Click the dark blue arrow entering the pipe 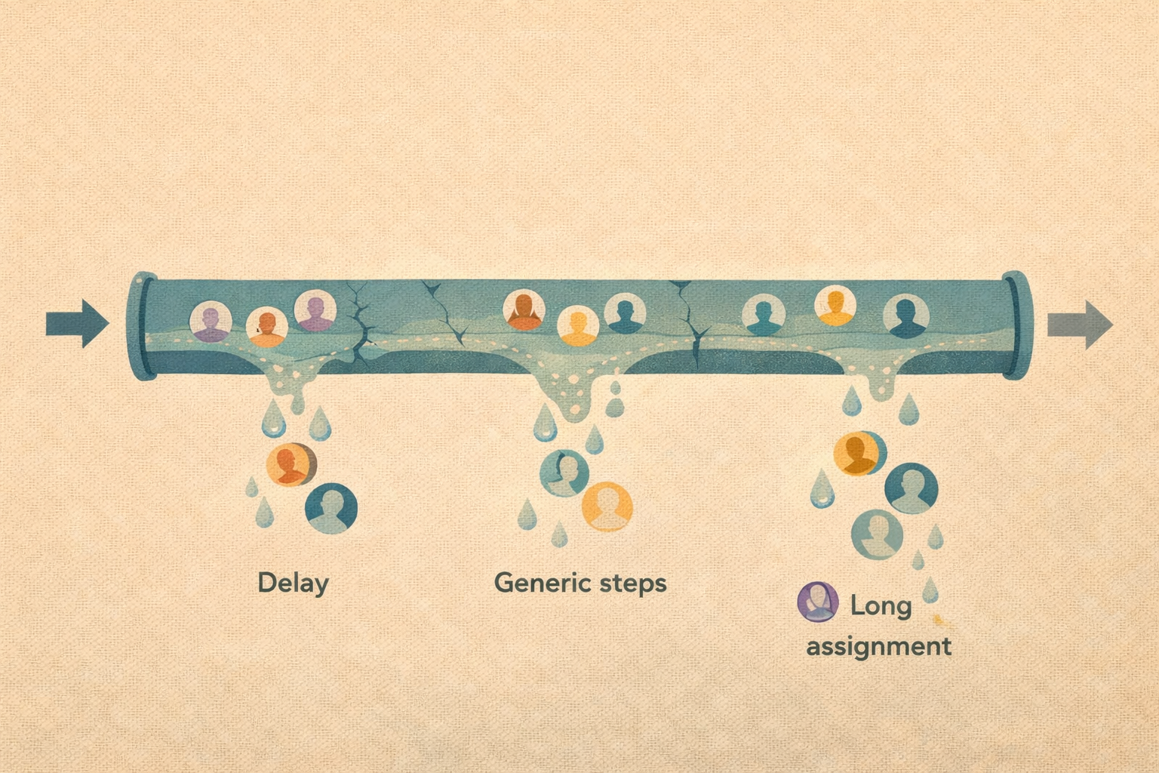pos(78,324)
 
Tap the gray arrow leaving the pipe pos(1080,325)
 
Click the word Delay pos(294,584)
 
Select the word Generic pos(543,583)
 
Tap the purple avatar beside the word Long pos(817,602)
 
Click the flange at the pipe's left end pos(142,326)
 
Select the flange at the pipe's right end pos(1016,325)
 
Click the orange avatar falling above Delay pos(291,464)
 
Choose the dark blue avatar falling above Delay pos(331,508)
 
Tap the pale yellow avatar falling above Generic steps pos(607,507)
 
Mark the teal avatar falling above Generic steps pos(564,473)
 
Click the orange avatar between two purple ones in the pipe pos(267,327)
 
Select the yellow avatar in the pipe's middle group pos(578,325)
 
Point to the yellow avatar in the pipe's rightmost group pos(835,306)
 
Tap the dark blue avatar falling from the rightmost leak pos(912,488)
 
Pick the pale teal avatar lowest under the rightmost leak pos(877,534)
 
